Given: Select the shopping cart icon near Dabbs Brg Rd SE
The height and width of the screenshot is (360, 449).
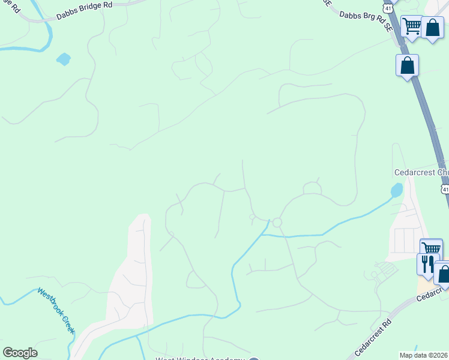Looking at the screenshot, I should tap(412, 26).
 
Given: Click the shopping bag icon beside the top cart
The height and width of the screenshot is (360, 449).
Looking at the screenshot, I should tap(432, 28).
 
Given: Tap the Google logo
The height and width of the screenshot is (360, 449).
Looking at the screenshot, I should tap(20, 353).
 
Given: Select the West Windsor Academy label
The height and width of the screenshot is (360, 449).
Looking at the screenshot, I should tap(201, 359).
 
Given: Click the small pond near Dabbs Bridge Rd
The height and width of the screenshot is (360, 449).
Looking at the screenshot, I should tap(63, 59).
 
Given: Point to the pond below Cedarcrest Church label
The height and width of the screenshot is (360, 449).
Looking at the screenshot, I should tap(397, 191).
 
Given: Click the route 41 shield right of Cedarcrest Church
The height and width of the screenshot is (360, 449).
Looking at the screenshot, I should tap(445, 189).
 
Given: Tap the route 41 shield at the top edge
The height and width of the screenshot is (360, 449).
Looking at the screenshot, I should tap(389, 7).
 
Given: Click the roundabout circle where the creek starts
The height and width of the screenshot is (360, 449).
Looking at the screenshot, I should tap(277, 223).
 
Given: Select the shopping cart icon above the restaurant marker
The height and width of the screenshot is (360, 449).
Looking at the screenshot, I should tap(431, 248).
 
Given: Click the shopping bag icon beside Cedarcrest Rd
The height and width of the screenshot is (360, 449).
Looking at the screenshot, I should tap(444, 274).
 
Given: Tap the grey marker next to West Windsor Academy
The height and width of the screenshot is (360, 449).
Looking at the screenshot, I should tap(254, 358).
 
